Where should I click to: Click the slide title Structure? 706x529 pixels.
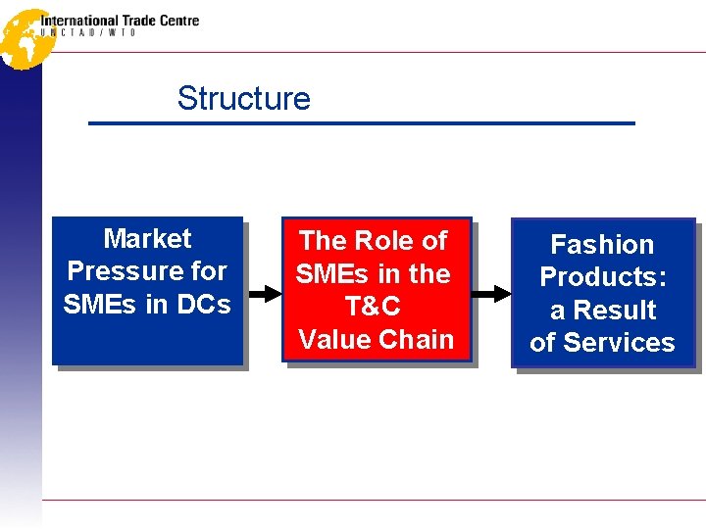(243, 99)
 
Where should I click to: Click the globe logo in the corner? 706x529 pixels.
(24, 37)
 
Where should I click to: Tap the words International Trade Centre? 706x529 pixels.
(120, 20)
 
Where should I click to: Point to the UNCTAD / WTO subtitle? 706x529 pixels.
(88, 32)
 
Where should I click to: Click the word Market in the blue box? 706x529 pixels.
(147, 238)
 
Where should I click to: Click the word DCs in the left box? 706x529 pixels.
(203, 304)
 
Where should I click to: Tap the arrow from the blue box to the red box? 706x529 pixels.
(262, 292)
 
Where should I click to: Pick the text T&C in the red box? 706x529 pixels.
(374, 307)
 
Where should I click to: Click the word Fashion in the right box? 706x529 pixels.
(602, 244)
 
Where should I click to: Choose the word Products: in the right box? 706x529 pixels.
(602, 276)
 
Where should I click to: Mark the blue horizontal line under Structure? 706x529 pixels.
(362, 123)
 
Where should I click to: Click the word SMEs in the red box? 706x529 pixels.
(332, 273)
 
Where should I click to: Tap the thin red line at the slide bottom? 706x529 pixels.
(373, 500)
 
